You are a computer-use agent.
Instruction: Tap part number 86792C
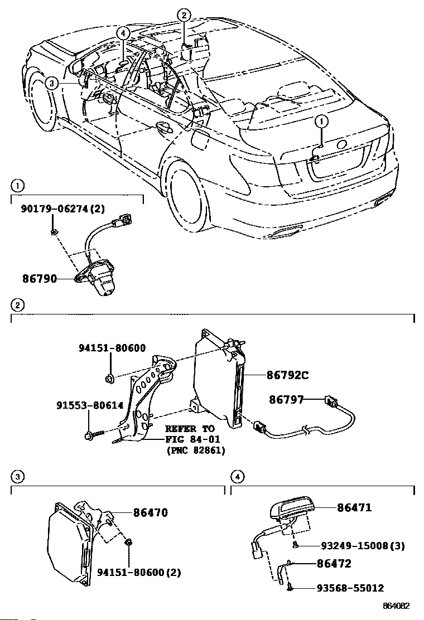(287, 375)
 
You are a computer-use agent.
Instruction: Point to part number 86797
(286, 399)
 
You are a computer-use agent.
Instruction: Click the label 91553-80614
(90, 405)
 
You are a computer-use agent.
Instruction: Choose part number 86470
(150, 512)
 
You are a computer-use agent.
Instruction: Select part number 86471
(354, 507)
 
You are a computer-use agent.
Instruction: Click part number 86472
(334, 564)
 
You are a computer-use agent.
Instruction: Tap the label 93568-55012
(350, 588)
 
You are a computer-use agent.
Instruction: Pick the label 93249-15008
(354, 546)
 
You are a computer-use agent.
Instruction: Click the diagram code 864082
(396, 606)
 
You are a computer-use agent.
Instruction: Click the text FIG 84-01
(192, 439)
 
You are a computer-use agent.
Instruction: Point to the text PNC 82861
(195, 450)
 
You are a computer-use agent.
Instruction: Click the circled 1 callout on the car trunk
(321, 122)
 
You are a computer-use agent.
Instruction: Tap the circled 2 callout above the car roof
(184, 16)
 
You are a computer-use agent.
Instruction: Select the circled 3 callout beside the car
(51, 83)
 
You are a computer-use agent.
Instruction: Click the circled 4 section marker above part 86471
(237, 477)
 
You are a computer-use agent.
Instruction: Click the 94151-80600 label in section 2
(112, 348)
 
